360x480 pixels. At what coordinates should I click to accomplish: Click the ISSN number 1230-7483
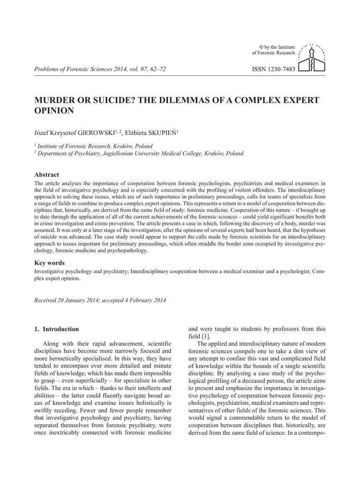[274, 69]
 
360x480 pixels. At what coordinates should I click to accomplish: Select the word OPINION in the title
[54, 111]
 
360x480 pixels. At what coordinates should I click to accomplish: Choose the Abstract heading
[47, 174]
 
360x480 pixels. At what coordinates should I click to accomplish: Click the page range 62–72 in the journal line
[157, 69]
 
